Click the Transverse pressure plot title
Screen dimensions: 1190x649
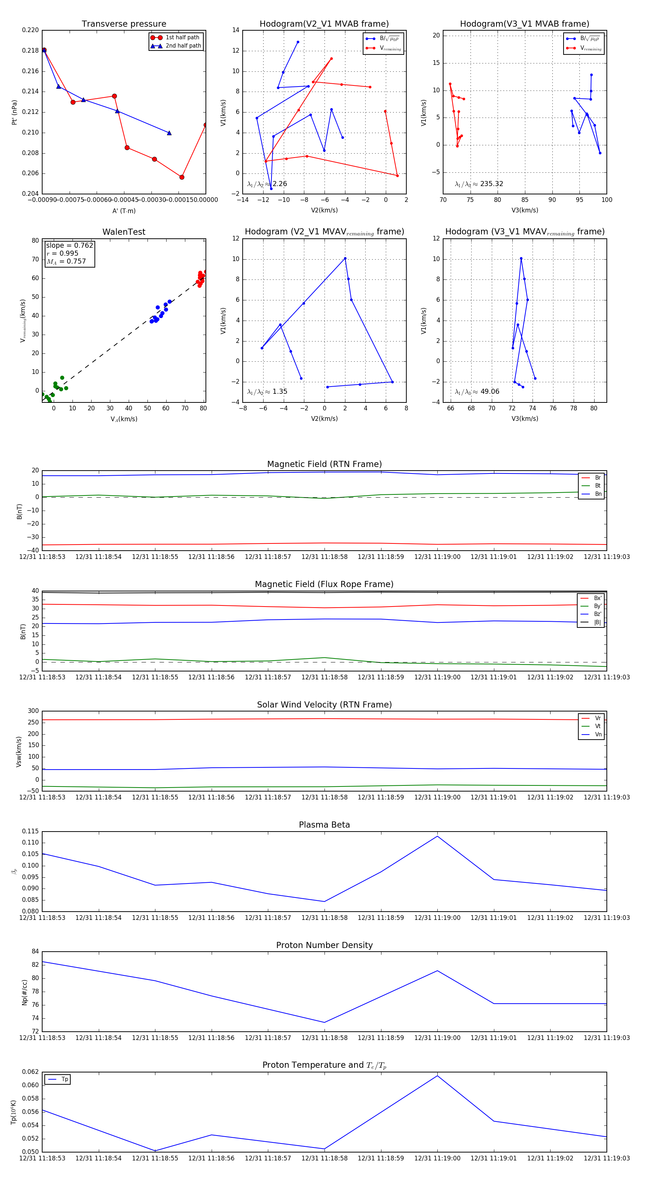coord(124,24)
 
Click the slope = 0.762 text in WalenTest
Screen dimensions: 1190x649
coord(69,245)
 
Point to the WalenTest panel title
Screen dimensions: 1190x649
coord(124,232)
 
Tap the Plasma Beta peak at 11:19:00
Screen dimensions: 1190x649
coord(437,836)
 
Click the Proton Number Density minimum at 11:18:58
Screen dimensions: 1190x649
coord(324,1022)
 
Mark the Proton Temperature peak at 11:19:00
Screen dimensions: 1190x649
coord(437,1076)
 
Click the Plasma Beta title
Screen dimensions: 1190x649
coord(324,825)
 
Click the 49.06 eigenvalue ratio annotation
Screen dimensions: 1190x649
coord(490,392)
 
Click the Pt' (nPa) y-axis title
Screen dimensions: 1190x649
coord(14,112)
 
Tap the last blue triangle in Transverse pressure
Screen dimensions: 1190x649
coord(169,133)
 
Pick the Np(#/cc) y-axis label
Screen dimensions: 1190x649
coord(25,992)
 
